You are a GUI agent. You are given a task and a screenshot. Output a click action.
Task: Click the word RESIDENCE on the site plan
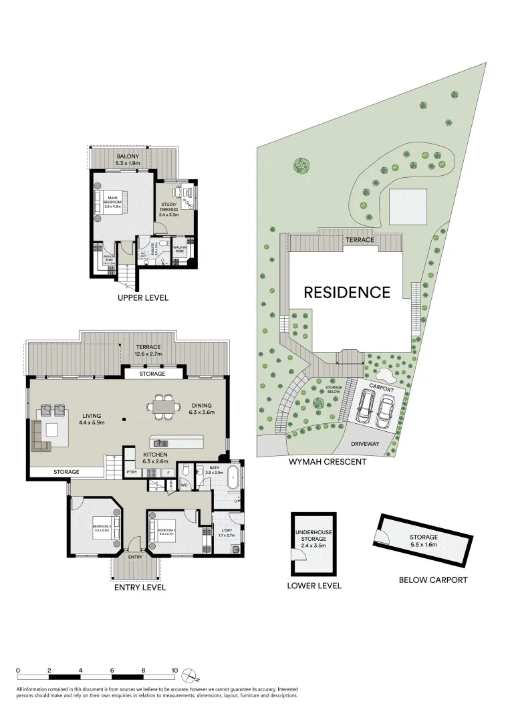coord(347,292)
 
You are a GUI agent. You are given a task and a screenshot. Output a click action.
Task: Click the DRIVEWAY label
coord(364,444)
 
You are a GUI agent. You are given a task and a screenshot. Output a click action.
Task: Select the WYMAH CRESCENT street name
coord(328,461)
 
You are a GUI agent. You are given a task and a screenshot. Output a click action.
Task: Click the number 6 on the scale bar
coord(112,670)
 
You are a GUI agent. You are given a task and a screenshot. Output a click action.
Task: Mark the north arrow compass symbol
coord(190,673)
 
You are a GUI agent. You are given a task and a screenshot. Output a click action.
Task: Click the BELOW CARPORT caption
coord(432,580)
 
